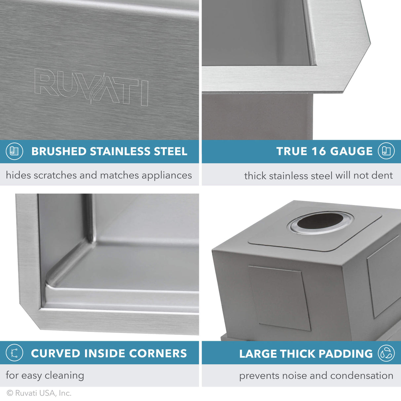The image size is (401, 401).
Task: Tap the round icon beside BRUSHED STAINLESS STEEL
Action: [x=15, y=151]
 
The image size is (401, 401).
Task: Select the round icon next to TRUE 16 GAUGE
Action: [x=386, y=151]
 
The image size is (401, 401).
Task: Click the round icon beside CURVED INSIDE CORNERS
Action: [x=15, y=353]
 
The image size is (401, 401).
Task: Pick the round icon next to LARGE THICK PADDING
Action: [x=386, y=353]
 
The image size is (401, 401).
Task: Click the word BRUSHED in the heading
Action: [x=59, y=151]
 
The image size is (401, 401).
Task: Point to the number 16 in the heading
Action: [x=318, y=151]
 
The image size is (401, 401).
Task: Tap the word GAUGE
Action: [x=351, y=151]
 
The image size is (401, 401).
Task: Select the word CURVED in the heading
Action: [x=55, y=353]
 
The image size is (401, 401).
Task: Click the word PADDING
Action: [x=346, y=354]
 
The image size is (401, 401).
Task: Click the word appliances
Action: [x=166, y=175]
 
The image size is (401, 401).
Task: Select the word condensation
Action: [x=362, y=376]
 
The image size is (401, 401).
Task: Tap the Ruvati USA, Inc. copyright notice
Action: [x=39, y=393]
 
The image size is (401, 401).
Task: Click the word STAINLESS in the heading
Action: [x=120, y=151]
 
